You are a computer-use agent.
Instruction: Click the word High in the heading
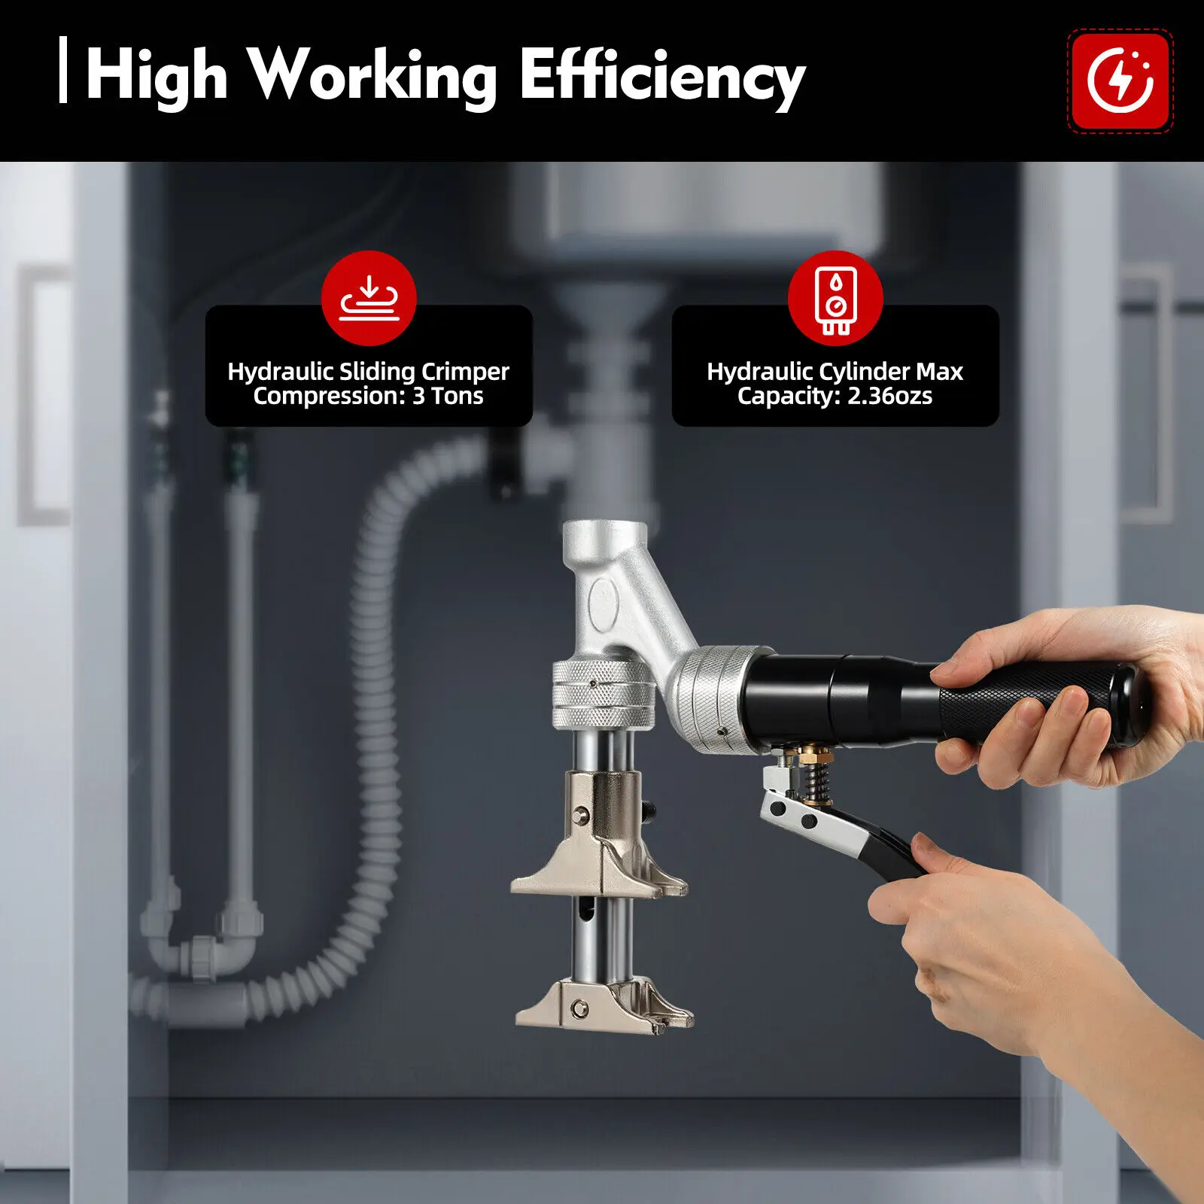pos(157,75)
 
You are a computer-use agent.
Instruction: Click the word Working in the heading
pos(372,75)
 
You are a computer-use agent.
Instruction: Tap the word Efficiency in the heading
pos(662,75)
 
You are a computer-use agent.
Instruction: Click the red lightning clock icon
pos(1120,81)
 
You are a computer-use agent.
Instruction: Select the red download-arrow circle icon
pos(369,298)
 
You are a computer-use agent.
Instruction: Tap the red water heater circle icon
pos(835,298)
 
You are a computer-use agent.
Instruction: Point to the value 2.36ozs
pos(889,396)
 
